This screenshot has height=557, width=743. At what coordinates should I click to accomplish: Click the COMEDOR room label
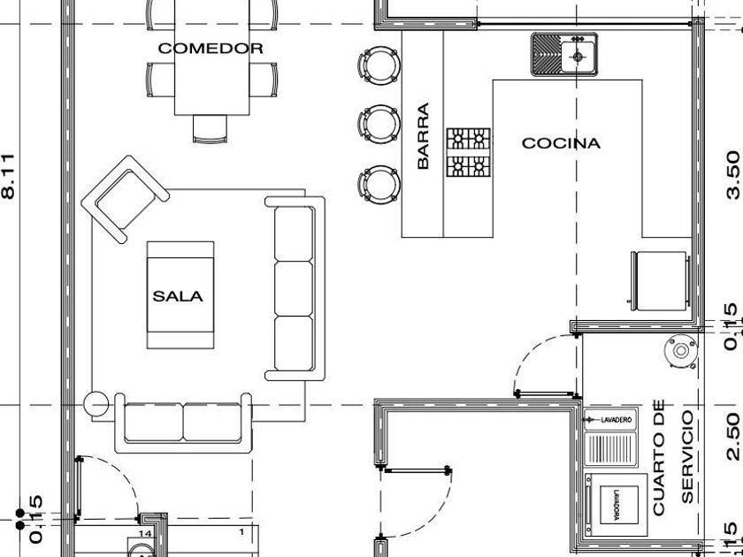click(211, 49)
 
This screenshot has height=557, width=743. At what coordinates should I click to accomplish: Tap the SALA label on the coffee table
click(178, 296)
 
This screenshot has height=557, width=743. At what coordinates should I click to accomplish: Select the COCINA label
click(561, 142)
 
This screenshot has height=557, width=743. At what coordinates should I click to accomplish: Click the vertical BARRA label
click(423, 136)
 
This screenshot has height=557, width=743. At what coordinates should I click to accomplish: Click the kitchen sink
click(564, 54)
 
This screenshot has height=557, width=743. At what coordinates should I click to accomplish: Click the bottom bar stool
click(379, 182)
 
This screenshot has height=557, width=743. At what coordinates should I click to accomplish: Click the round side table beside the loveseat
click(96, 404)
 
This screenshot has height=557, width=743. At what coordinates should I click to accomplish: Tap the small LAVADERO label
click(617, 419)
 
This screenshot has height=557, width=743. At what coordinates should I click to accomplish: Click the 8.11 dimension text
click(9, 176)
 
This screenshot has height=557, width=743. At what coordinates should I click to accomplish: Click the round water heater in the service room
click(680, 351)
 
